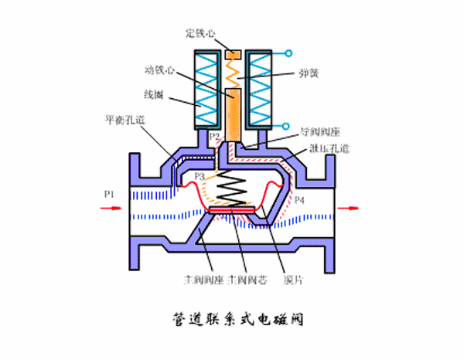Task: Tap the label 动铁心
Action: (160, 70)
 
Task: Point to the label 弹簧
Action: (309, 75)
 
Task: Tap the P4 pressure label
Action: (299, 200)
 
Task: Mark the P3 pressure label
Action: (200, 177)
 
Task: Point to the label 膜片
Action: (292, 275)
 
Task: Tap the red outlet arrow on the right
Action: (353, 207)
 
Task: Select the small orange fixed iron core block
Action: (234, 56)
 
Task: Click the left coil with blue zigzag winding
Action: (205, 89)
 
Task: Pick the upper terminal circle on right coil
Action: (289, 54)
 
